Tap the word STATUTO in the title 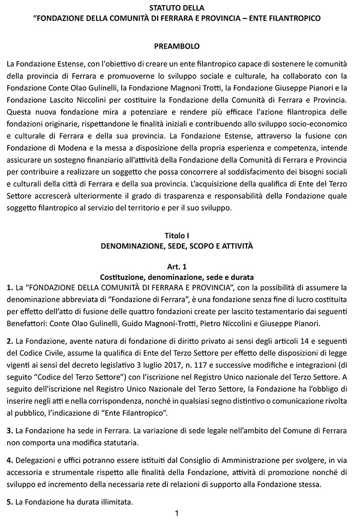[x=161, y=9]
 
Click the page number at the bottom [x=176, y=513]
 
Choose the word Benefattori [x=28, y=323]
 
